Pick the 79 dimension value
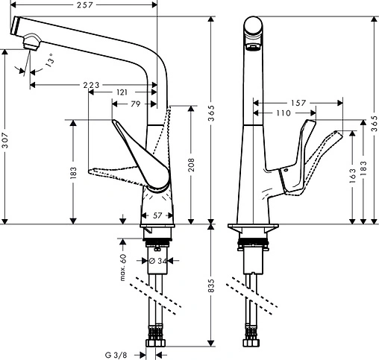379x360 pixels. point(136,104)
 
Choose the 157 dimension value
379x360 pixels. point(298,104)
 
